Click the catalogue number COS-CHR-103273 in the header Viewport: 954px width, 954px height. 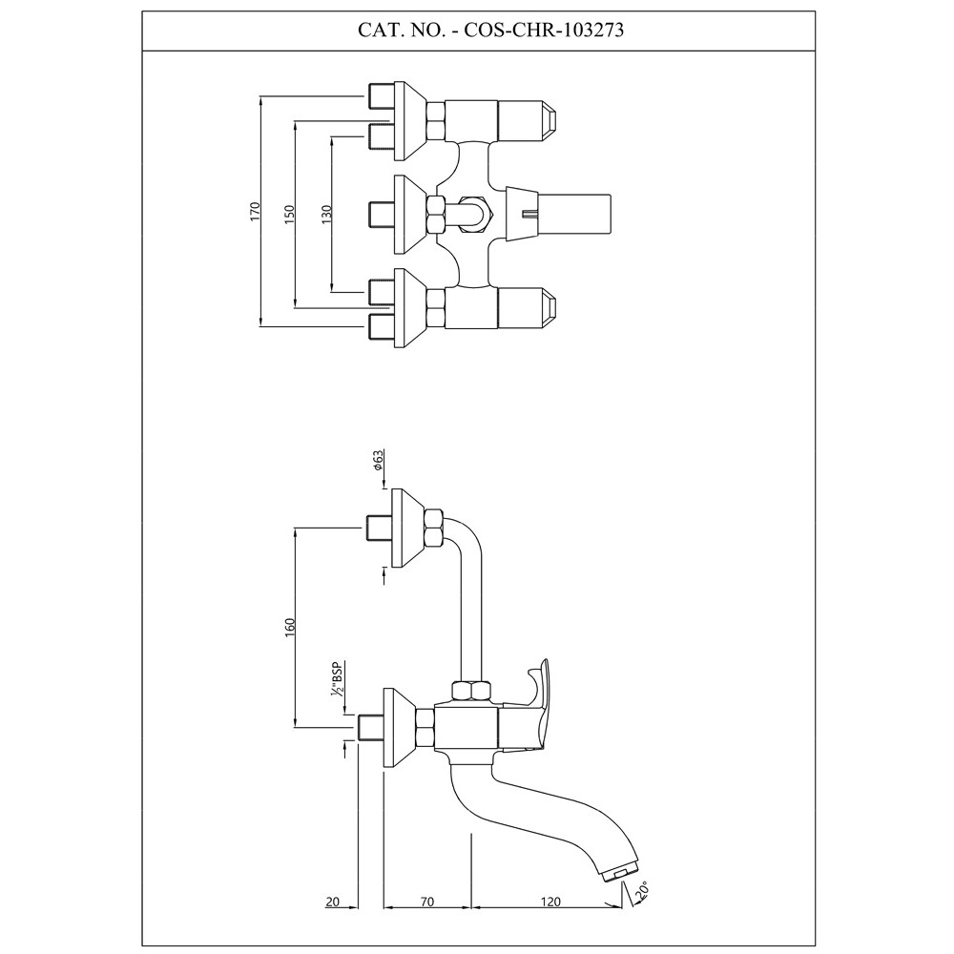tap(545, 30)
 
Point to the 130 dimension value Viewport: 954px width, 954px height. tap(326, 215)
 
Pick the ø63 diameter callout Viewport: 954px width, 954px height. tap(379, 462)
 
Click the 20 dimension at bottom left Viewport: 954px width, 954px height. tap(333, 901)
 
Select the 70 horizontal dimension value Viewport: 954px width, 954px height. tap(426, 901)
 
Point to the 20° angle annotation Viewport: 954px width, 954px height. tap(646, 889)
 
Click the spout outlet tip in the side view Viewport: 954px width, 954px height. tap(618, 870)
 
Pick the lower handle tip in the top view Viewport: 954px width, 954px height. tap(550, 308)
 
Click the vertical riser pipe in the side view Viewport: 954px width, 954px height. tap(469, 611)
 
